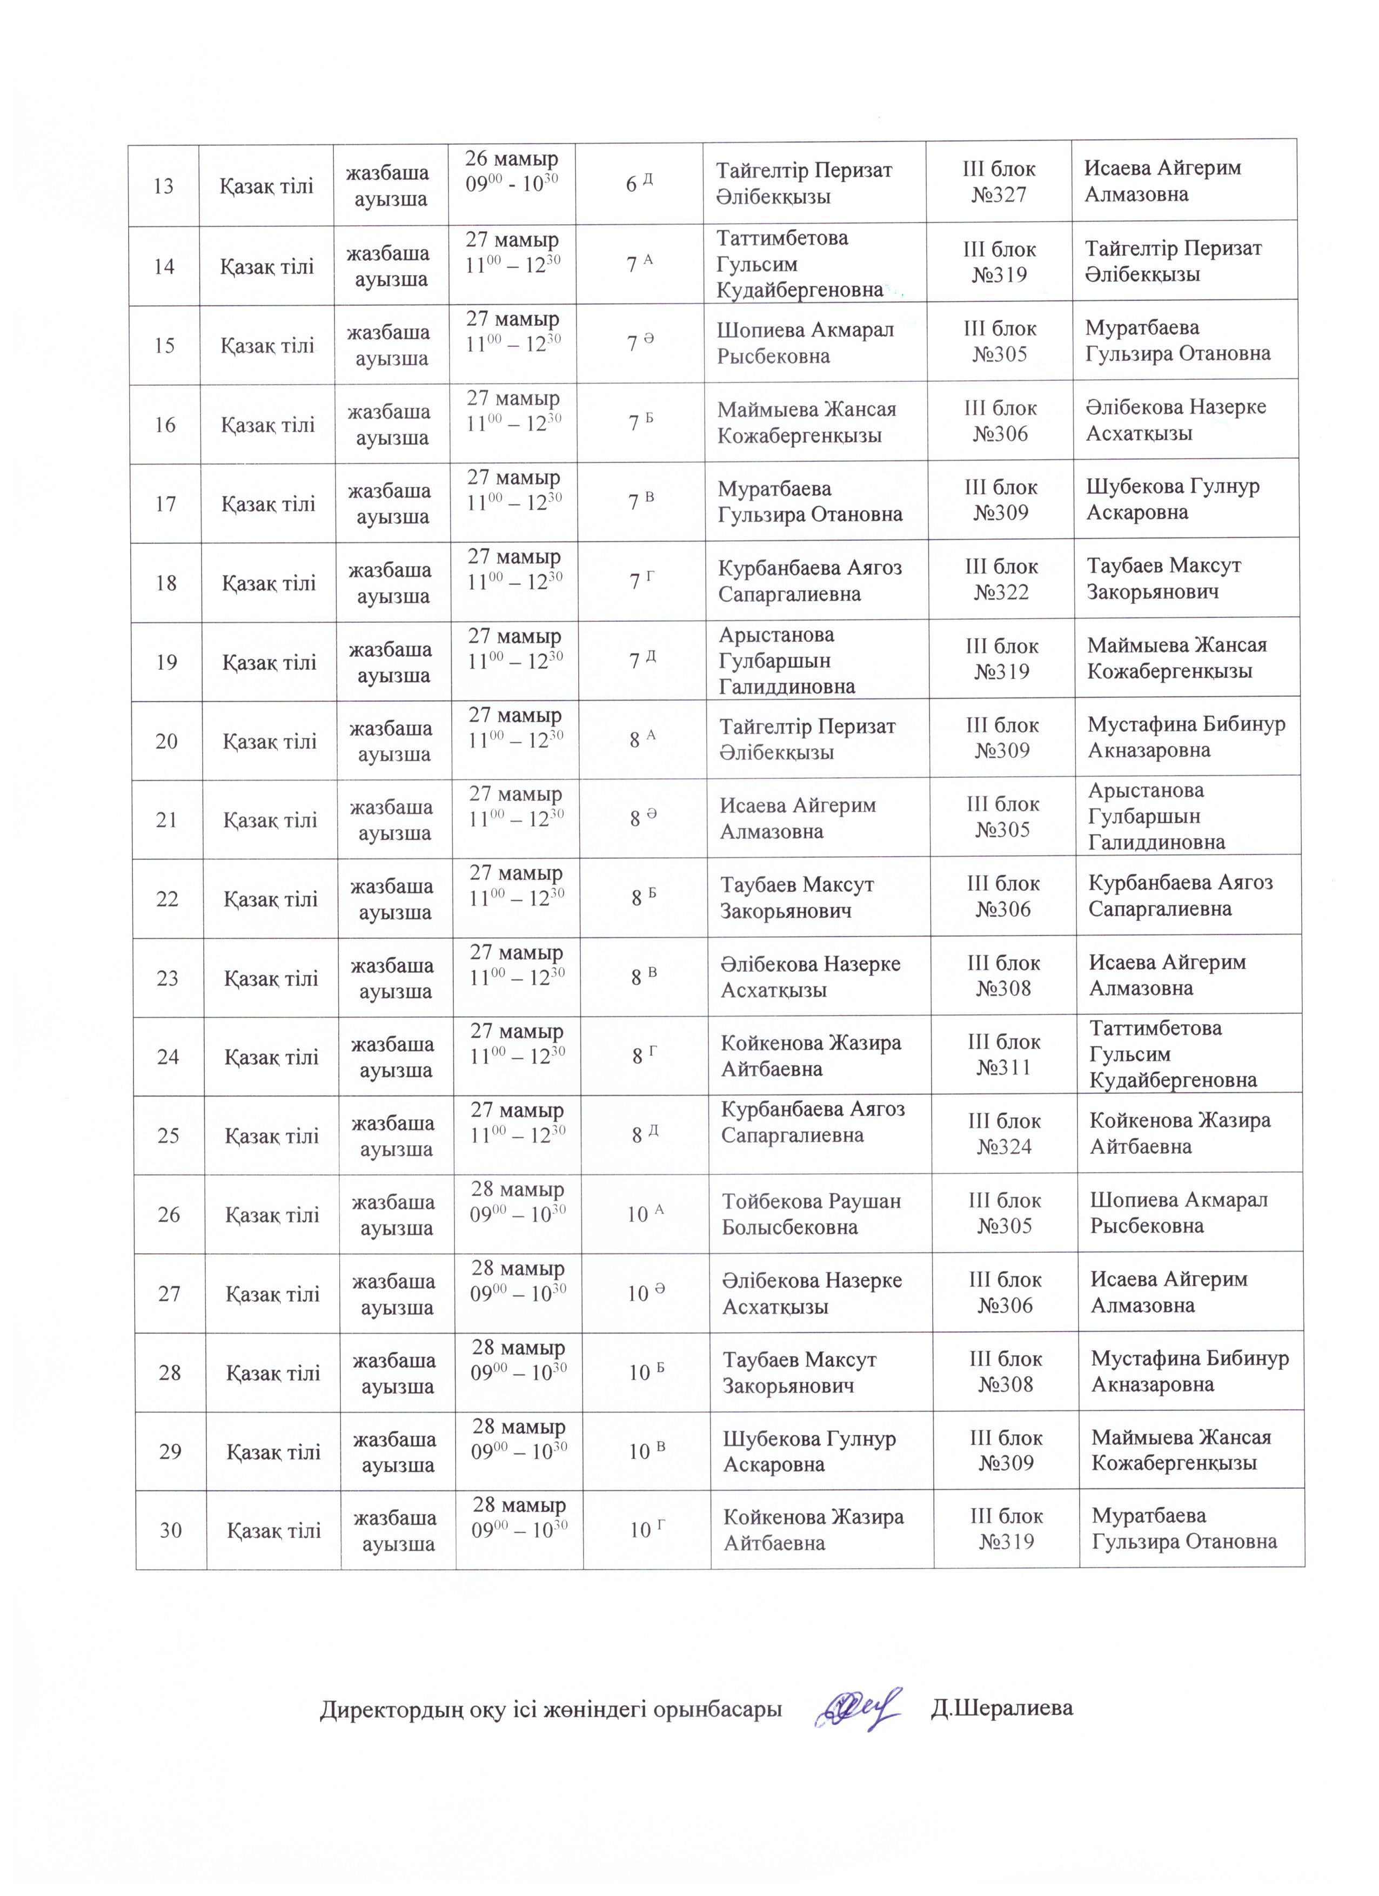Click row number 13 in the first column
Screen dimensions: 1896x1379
click(163, 186)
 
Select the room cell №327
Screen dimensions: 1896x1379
click(999, 182)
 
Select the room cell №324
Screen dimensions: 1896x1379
click(1005, 1134)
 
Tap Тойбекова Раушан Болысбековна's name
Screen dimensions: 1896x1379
click(811, 1214)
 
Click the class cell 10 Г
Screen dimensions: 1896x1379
click(647, 1530)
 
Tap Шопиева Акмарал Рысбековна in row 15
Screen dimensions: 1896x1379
click(805, 343)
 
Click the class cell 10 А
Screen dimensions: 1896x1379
click(646, 1214)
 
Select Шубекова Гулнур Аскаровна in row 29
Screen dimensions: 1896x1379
click(809, 1451)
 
